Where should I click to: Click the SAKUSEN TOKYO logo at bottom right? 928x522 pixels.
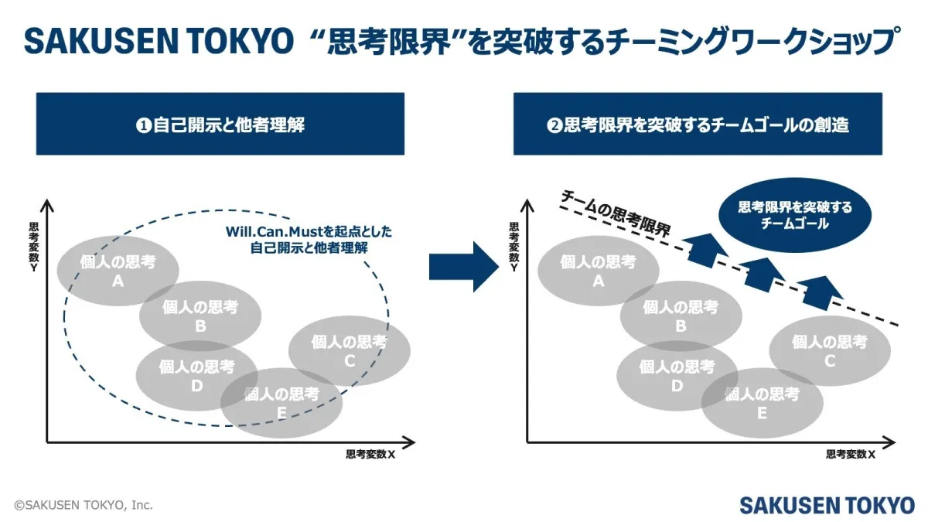coord(826,505)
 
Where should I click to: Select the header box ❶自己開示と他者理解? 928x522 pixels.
coord(220,124)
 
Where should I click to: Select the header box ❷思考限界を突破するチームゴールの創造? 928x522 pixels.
coord(698,124)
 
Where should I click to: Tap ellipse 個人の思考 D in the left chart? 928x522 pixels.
coord(196,375)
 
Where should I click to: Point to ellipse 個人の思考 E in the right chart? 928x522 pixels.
coord(762,403)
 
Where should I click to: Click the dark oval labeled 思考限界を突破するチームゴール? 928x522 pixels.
coord(795,216)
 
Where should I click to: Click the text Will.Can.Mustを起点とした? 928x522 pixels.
coord(309,231)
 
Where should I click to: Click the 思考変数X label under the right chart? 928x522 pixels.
coord(851,455)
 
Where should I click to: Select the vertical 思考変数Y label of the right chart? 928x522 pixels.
coord(514,247)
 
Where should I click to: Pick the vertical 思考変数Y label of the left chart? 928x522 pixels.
coord(34,247)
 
